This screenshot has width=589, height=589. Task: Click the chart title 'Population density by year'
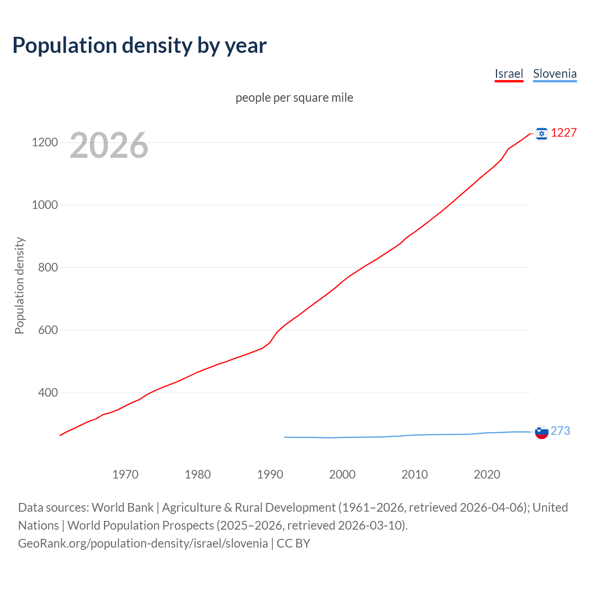coord(139,46)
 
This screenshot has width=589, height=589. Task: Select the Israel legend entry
coord(509,74)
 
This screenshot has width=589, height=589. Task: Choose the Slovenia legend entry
coord(554,74)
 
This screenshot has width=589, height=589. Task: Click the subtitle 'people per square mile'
coord(294,98)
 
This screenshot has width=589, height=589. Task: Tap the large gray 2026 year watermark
coord(109,145)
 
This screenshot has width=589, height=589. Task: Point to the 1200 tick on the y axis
coord(45,143)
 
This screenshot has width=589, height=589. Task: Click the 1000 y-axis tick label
coord(45,205)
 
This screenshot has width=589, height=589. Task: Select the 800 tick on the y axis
coord(48,268)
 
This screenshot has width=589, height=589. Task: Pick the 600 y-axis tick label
coord(48,330)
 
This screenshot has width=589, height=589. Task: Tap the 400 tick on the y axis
coord(48,393)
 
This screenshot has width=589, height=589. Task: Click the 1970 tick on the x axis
coord(125,474)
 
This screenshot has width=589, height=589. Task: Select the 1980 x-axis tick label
coord(197,474)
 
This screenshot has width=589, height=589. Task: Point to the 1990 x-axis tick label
coord(270,474)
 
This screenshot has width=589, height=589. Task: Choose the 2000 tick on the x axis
coord(342,474)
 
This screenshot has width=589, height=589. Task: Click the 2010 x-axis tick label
coord(415,474)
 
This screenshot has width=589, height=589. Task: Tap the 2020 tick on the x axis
coord(487,474)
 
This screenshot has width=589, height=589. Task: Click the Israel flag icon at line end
coord(542,133)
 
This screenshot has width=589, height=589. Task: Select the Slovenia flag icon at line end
coord(542,432)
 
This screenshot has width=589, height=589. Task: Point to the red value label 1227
coord(564,133)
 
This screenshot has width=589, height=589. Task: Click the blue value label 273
coord(560,431)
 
